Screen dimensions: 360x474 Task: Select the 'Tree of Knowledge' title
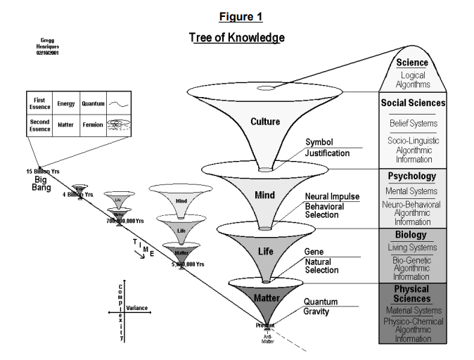coord(236,37)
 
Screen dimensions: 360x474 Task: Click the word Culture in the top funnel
coord(264,122)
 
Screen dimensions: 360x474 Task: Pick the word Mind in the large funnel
coord(264,195)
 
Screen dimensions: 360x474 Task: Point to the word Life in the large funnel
coord(264,250)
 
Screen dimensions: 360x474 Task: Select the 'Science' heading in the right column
coord(412,63)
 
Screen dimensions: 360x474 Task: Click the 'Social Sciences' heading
coord(412,103)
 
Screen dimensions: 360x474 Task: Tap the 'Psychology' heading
coord(412,176)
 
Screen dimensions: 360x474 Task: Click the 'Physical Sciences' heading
coord(412,294)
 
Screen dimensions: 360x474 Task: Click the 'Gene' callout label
coord(313,251)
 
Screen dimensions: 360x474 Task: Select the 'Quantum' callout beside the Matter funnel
coord(321,302)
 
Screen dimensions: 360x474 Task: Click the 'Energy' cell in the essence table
coord(65,104)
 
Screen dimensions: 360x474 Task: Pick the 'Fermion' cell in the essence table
coord(93,125)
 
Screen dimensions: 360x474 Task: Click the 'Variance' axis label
coord(136,308)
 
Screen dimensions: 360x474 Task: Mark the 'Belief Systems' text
coord(412,124)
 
